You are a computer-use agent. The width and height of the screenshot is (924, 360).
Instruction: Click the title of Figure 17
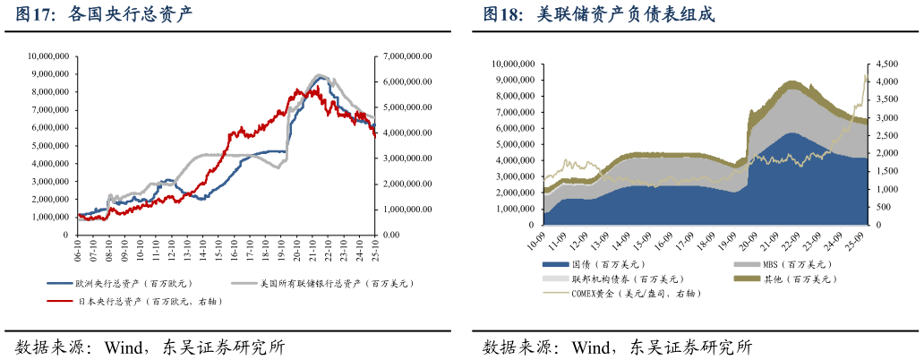pyautogui.click(x=103, y=15)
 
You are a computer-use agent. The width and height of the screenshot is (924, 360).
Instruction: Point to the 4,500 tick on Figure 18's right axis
pyautogui.click(x=885, y=64)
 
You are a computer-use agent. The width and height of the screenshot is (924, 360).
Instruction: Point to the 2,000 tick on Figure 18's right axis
pyautogui.click(x=885, y=154)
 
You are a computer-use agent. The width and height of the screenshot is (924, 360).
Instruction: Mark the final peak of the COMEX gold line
pyautogui.click(x=865, y=75)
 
